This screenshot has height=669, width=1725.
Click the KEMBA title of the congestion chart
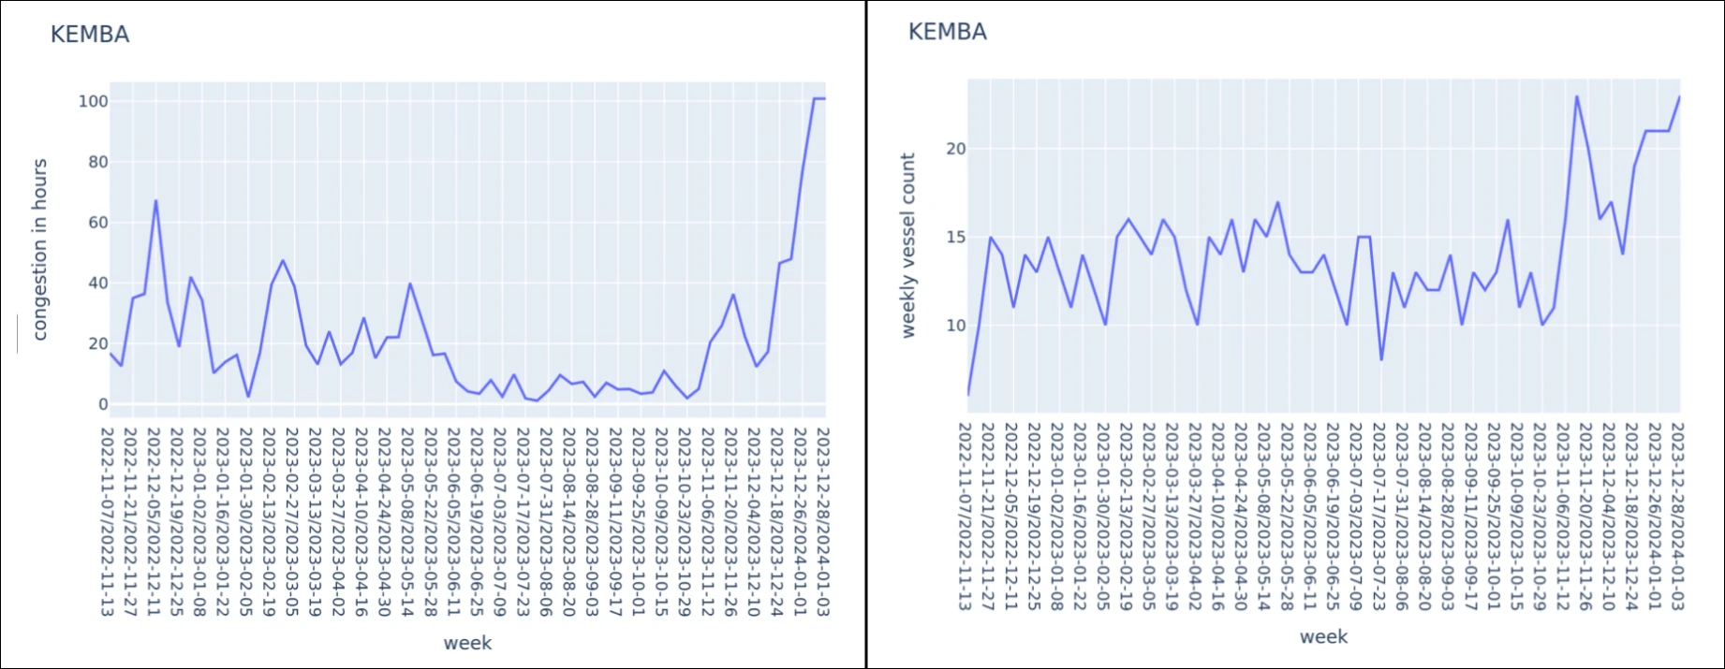click(90, 35)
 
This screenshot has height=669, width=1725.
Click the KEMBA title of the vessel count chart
click(947, 32)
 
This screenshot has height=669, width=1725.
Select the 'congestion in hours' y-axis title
click(39, 249)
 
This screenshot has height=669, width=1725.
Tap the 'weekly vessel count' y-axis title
click(907, 245)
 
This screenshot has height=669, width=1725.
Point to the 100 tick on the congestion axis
click(94, 101)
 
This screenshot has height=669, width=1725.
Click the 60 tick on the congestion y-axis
click(97, 223)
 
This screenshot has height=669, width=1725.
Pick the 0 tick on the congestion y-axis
click(103, 404)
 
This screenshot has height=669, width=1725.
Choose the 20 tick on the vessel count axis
click(955, 149)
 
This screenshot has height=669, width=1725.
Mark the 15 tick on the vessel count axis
click(955, 237)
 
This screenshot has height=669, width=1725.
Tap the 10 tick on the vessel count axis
click(955, 326)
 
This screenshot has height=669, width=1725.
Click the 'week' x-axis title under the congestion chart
click(467, 643)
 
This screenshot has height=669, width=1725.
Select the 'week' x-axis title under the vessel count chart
click(1323, 637)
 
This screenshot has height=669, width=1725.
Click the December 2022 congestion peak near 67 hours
click(155, 200)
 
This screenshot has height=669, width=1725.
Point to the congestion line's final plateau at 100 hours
click(818, 98)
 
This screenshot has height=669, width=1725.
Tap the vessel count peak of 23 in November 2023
click(1577, 96)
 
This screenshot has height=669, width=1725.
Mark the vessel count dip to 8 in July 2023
click(1381, 359)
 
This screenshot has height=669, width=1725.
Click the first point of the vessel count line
click(968, 395)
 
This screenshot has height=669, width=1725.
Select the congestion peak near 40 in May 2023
click(409, 284)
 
